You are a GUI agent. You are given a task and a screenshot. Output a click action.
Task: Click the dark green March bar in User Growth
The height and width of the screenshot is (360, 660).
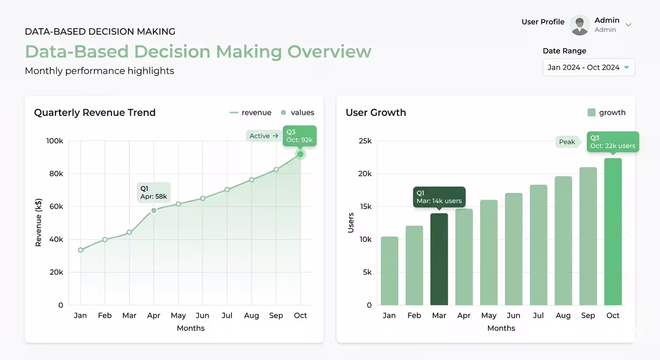[x=439, y=259]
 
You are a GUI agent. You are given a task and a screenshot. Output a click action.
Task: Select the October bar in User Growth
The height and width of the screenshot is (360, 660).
[x=613, y=232]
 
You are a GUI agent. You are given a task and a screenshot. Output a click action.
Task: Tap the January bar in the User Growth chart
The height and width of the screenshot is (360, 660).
[x=389, y=270]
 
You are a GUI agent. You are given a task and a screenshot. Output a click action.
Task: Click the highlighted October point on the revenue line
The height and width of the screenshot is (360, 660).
[x=300, y=154]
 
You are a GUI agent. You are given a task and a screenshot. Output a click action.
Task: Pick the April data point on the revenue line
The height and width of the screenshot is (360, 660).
[x=154, y=210]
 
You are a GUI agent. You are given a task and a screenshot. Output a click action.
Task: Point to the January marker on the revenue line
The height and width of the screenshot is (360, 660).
[x=81, y=250]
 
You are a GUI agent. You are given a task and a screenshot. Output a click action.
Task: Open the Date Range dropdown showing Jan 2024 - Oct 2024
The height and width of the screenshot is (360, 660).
[x=589, y=67]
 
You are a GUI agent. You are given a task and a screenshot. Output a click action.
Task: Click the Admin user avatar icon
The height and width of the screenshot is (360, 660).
[x=579, y=25]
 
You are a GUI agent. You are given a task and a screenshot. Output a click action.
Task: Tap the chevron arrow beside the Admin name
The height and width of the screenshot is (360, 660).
[x=629, y=25]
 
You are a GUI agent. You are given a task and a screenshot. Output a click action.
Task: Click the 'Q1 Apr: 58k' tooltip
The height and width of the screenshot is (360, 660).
[x=154, y=192]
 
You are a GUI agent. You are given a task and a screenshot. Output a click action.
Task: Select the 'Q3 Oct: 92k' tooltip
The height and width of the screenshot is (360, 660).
[x=300, y=136]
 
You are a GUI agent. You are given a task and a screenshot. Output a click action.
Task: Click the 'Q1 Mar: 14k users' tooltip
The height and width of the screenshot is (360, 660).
[x=439, y=196]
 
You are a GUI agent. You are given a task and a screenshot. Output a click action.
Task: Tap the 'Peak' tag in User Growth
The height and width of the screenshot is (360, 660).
[x=567, y=142]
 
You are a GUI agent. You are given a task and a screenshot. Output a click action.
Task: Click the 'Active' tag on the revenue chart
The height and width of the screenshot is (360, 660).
[x=263, y=136]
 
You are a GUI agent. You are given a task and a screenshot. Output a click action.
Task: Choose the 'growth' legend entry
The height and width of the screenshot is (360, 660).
[x=606, y=112]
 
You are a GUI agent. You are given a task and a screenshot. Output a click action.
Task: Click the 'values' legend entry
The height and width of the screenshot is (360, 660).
[x=297, y=112]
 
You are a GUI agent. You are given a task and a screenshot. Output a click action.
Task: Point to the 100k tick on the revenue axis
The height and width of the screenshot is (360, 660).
[x=54, y=141]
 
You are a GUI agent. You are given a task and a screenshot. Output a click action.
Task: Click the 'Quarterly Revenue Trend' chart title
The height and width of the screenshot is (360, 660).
[x=95, y=112]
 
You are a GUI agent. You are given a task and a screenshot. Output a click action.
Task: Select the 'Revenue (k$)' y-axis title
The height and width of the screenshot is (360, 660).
[x=38, y=223]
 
